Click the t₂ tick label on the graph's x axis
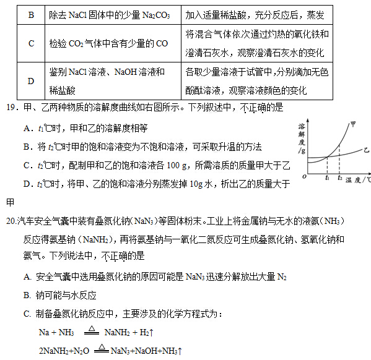[340, 178]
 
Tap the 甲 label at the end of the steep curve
[353, 123]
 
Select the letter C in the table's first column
[32, 43]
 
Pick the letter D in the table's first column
[32, 80]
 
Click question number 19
[11, 108]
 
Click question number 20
[11, 221]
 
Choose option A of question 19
[27, 128]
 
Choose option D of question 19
[27, 184]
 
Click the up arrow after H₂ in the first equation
[152, 333]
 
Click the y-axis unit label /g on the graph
[302, 150]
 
